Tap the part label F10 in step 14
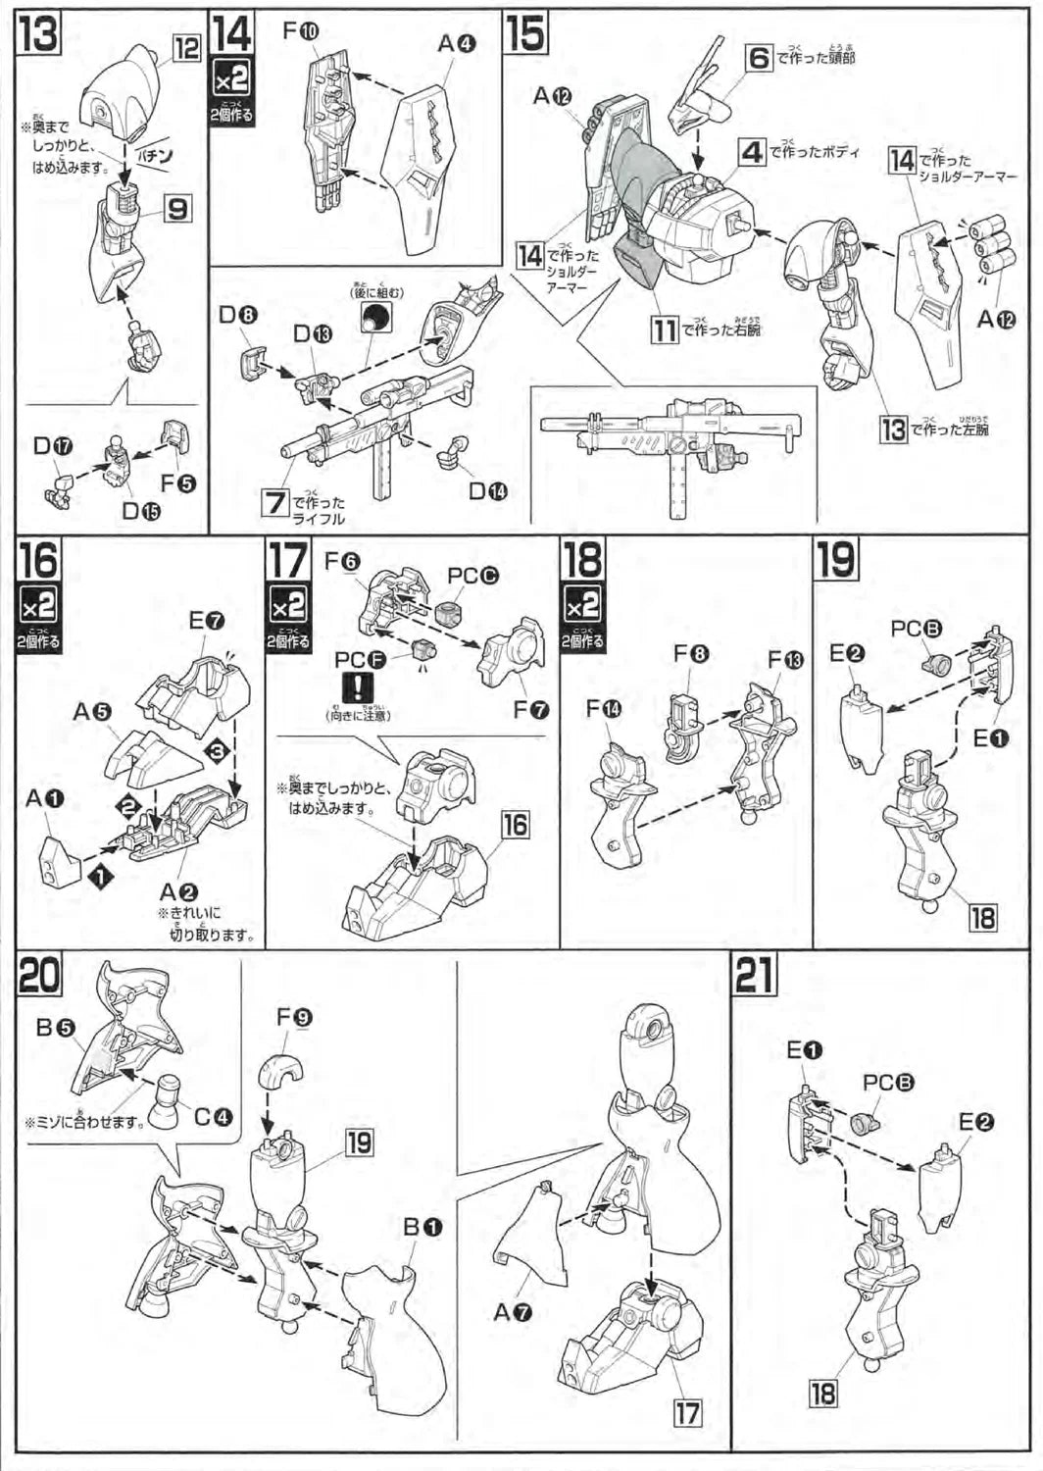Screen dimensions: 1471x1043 (x=301, y=31)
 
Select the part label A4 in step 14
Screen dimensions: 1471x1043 (x=456, y=43)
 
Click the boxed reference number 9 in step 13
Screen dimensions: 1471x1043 (x=177, y=208)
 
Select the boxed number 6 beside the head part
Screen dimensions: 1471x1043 (x=760, y=58)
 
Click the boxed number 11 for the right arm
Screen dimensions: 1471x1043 (x=666, y=330)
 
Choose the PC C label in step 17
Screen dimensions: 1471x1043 (x=472, y=576)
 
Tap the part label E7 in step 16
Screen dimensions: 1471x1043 (x=207, y=621)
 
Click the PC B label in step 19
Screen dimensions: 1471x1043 (x=917, y=629)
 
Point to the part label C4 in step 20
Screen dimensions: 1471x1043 (x=213, y=1117)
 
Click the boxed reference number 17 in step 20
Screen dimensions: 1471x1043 (x=687, y=1412)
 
